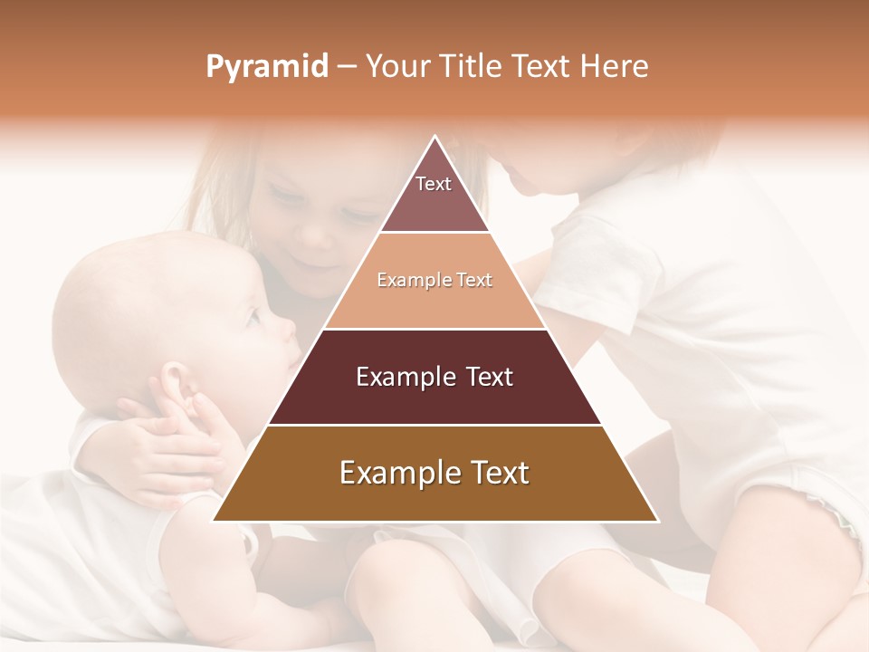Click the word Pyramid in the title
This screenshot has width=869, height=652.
tap(267, 66)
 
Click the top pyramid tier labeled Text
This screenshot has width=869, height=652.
tap(434, 195)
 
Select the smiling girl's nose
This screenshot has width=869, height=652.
tap(312, 234)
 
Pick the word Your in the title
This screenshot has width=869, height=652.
tap(396, 66)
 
